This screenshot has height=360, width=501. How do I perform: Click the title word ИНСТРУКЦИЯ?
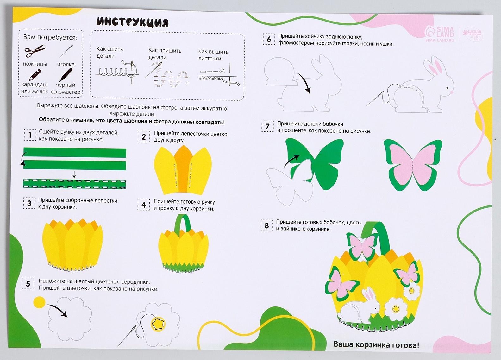(x=133, y=22)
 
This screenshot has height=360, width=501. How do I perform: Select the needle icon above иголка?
(x=66, y=51)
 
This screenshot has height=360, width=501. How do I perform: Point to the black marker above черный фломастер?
(x=66, y=75)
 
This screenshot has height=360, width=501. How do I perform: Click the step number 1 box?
(x=30, y=135)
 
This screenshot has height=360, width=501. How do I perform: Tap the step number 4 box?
(x=144, y=205)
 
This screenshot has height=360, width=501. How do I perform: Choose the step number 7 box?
(x=267, y=126)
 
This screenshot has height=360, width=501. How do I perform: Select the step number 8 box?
(x=266, y=225)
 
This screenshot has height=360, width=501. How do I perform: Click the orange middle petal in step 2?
(x=183, y=169)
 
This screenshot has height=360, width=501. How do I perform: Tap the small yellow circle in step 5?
(x=39, y=302)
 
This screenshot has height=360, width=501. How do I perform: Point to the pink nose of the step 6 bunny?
(x=451, y=92)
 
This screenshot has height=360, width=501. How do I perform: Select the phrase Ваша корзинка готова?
(x=376, y=345)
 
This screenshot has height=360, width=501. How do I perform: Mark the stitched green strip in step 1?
(x=74, y=184)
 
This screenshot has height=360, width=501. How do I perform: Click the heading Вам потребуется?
(x=50, y=37)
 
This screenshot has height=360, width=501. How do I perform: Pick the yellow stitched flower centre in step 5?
(x=158, y=324)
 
